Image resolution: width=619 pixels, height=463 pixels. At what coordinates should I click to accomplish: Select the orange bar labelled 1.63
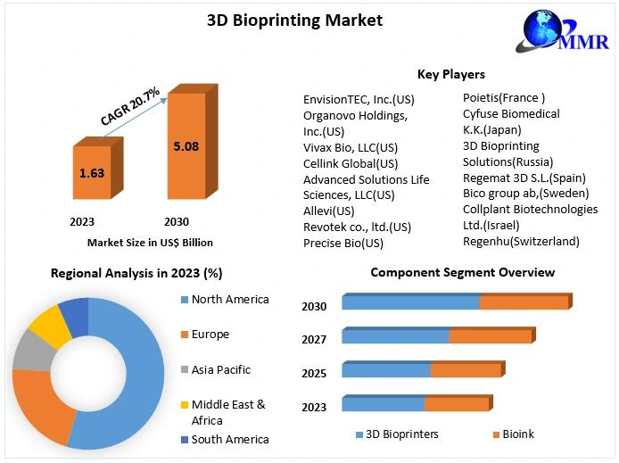coord(91,173)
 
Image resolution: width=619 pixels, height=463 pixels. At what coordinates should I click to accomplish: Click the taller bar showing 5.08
coord(186,145)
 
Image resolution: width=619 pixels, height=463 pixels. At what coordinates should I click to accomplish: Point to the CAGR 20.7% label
coord(130,106)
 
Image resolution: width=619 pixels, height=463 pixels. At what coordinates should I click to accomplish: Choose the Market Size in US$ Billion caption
coord(150,242)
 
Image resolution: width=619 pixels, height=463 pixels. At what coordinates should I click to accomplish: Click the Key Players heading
coord(450,74)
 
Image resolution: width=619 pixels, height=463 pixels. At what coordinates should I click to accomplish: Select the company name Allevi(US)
coord(328,211)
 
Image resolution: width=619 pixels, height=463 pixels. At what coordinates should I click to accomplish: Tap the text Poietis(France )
coord(503,98)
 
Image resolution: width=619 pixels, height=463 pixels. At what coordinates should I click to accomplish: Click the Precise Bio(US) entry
coord(343,243)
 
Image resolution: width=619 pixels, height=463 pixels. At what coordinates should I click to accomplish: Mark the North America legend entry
coord(229,300)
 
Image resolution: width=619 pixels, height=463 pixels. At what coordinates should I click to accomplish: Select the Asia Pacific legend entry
coord(221,369)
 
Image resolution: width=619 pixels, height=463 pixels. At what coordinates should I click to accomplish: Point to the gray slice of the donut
coord(32,351)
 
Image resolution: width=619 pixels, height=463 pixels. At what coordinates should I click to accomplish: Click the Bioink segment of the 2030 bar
coord(524,303)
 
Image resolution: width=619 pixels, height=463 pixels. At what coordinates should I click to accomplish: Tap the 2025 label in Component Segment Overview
coord(314,374)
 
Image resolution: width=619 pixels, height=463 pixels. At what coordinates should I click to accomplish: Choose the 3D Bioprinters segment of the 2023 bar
coord(383,404)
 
